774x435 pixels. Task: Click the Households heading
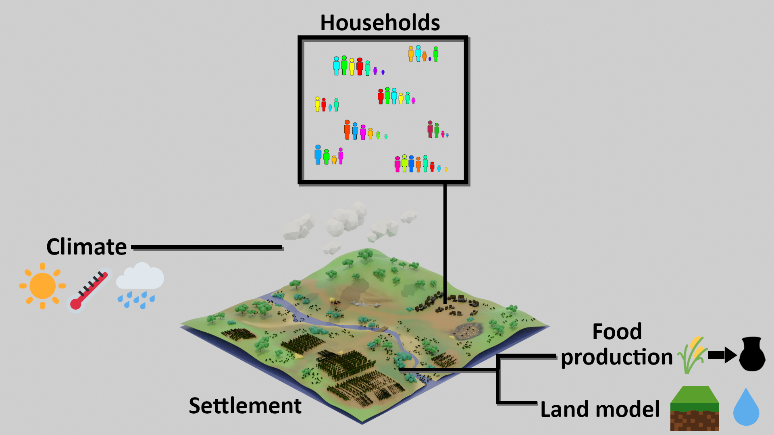click(x=380, y=23)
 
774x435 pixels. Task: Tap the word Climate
click(x=87, y=246)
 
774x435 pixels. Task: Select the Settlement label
click(x=245, y=406)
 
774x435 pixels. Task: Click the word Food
click(x=617, y=332)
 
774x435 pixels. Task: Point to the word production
click(x=617, y=358)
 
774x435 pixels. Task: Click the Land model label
click(x=600, y=409)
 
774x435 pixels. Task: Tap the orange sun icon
click(x=42, y=286)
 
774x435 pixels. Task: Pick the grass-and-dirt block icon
click(x=695, y=408)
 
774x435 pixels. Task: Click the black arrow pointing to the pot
click(x=722, y=355)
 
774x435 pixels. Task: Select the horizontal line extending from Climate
click(x=207, y=247)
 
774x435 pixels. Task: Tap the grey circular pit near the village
click(x=468, y=330)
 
